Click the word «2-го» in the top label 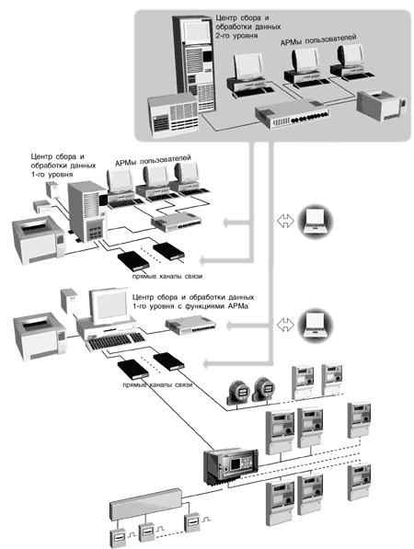click(224, 36)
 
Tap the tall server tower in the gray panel click(193, 63)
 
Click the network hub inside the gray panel click(293, 114)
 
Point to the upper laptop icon click(316, 222)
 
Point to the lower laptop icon click(316, 326)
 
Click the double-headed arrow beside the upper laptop click(285, 222)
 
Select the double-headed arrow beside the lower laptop click(285, 325)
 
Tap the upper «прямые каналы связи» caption click(167, 276)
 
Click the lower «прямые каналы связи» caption click(157, 384)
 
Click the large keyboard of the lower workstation click(116, 340)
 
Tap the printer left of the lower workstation click(40, 337)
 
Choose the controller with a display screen click(231, 466)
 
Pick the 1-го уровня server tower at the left click(86, 212)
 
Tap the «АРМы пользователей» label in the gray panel click(318, 40)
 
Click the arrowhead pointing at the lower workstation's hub click(229, 326)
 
